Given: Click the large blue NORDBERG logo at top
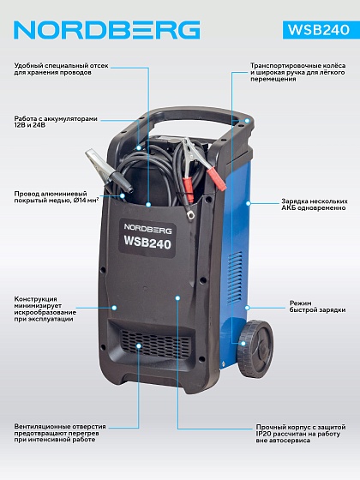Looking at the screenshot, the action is tap(107, 30).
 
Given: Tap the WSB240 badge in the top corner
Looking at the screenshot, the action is tap(319, 30).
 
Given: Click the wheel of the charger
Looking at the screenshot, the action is tap(256, 348).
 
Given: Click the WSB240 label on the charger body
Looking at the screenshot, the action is tap(147, 238).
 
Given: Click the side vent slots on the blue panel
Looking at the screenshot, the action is tap(235, 278).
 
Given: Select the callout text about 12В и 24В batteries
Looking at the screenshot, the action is tap(56, 122).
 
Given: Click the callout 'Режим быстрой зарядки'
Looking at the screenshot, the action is tap(318, 307).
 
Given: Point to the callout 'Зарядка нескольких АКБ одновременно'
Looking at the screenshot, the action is tap(315, 205).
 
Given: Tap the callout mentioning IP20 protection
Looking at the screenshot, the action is tap(301, 434).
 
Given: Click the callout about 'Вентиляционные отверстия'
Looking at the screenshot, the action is tap(60, 433).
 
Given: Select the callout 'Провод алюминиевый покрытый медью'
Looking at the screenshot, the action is tap(57, 197).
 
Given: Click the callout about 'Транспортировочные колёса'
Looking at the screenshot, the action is tap(298, 72).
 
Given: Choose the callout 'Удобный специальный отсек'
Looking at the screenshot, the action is tap(61, 69).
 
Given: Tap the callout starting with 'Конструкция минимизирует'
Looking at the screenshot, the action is tap(45, 309).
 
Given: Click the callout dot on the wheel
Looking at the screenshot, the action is tap(243, 344).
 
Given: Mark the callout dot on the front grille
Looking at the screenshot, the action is tap(139, 345).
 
